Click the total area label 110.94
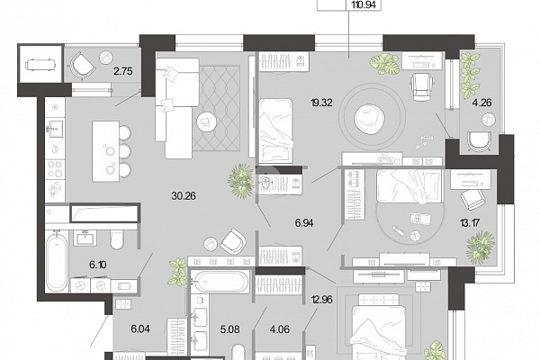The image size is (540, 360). pyautogui.click(x=363, y=4)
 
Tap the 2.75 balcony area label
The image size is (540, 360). pyautogui.click(x=123, y=71)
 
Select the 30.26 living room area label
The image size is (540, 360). pyautogui.click(x=184, y=196)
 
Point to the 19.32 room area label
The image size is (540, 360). pyautogui.click(x=321, y=103)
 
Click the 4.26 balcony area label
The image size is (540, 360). pyautogui.click(x=481, y=103)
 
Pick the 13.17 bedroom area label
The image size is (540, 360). pyautogui.click(x=470, y=223)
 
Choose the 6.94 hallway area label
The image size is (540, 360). pyautogui.click(x=304, y=223)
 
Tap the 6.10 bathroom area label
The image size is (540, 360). pyautogui.click(x=98, y=265)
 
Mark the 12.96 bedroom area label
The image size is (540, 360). pyautogui.click(x=321, y=300)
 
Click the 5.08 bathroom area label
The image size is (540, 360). pyautogui.click(x=229, y=329)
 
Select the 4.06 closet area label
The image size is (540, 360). pyautogui.click(x=280, y=329)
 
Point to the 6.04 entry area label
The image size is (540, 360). pyautogui.click(x=140, y=329)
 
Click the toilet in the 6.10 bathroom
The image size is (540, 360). pyautogui.click(x=117, y=239)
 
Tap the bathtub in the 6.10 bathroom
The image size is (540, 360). pyautogui.click(x=57, y=262)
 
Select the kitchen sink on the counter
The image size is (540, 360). pyautogui.click(x=55, y=129)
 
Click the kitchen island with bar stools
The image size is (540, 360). pyautogui.click(x=111, y=151)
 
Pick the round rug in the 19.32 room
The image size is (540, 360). pyautogui.click(x=370, y=117)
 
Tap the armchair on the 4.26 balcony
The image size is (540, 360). pyautogui.click(x=479, y=141)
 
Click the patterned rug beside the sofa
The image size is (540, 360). pyautogui.click(x=216, y=108)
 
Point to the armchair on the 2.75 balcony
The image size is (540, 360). pyautogui.click(x=82, y=65)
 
